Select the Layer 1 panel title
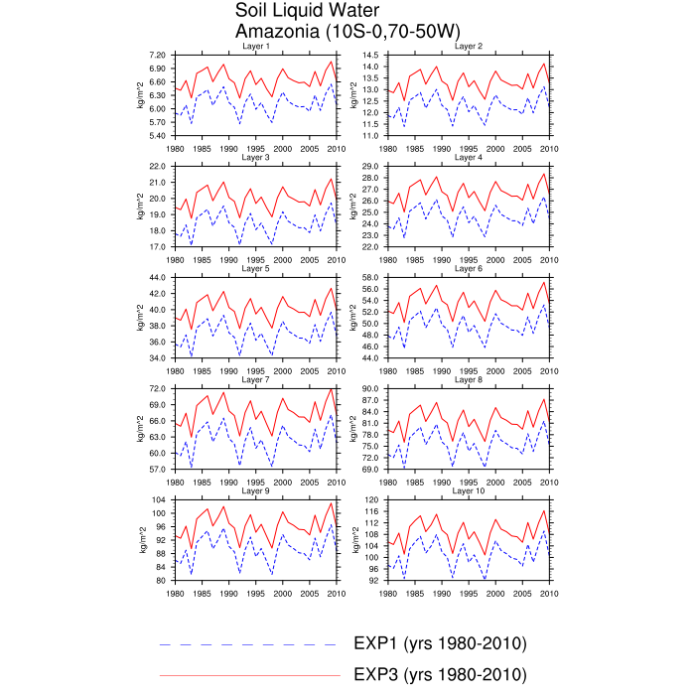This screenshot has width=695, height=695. (255, 47)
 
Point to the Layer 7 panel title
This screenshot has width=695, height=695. (255, 379)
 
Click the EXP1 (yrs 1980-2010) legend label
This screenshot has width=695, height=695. (439, 643)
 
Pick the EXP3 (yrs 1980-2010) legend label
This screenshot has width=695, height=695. (439, 675)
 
